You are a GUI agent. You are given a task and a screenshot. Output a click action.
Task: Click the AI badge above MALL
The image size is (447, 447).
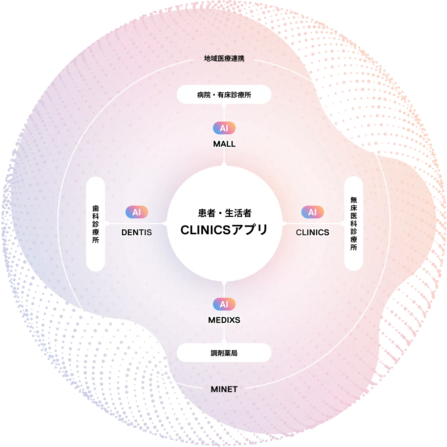point(224,128)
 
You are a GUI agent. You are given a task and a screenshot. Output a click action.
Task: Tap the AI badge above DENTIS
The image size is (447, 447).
point(137,212)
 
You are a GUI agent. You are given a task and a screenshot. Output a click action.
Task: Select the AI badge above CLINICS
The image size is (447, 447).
point(312,212)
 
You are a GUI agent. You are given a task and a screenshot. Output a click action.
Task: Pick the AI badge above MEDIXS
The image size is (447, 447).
point(224,304)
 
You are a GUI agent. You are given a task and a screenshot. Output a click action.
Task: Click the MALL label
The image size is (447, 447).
point(224,144)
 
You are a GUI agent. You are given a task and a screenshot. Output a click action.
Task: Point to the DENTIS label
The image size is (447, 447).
point(137,232)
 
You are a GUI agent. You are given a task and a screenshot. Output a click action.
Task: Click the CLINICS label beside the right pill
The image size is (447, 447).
point(312,232)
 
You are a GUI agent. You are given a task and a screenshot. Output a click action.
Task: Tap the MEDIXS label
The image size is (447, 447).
point(224,320)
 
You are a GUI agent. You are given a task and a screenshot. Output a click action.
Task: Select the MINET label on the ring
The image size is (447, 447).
point(224,389)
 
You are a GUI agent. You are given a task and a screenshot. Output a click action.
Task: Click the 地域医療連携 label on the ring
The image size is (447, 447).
point(224,59)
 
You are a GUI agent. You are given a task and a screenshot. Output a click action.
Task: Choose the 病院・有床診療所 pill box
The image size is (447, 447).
point(224,95)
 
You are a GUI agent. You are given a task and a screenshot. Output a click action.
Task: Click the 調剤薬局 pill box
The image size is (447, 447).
point(224,353)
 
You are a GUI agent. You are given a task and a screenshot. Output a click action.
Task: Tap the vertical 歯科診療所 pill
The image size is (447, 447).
point(96,224)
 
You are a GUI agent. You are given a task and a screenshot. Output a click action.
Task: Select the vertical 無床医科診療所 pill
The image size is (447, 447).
point(353,223)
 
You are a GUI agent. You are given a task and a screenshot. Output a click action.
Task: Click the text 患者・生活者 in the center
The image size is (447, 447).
point(225,213)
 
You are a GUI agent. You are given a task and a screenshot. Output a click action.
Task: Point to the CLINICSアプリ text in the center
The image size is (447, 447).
point(224,230)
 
